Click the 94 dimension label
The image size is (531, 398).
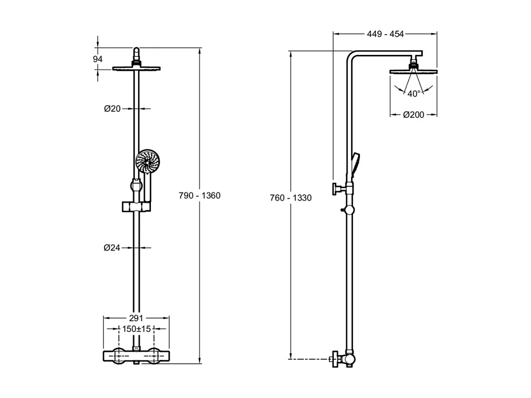tap(98, 59)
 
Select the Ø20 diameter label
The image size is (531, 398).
tap(112, 109)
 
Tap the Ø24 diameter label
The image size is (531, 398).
tap(112, 248)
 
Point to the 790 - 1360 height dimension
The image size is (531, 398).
tap(200, 196)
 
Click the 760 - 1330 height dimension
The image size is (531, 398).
tap(291, 198)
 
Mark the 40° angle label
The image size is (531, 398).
tap(413, 93)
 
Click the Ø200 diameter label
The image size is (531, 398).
tap(413, 115)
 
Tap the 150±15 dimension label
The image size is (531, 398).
tap(136, 329)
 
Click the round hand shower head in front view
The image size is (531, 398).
tap(147, 161)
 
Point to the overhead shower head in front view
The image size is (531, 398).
tap(137, 68)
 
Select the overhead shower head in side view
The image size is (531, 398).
tap(413, 71)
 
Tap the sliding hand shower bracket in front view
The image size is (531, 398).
tap(136, 206)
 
